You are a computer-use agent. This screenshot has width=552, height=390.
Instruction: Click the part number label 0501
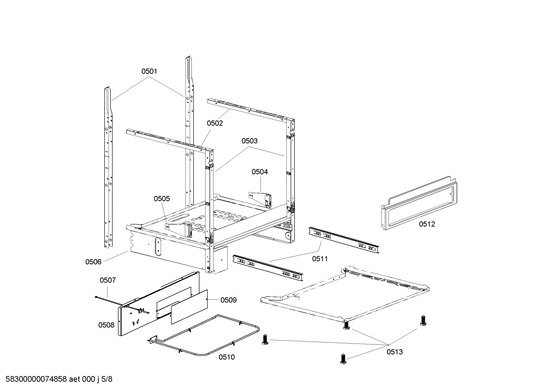[149, 71]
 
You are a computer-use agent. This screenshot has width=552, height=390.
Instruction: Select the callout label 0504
[260, 172]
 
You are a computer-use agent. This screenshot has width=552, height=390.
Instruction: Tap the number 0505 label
[162, 199]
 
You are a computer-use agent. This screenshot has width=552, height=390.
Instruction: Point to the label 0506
[93, 262]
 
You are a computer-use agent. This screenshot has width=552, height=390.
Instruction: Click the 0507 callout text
[108, 280]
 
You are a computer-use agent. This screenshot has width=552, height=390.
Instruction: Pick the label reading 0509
[229, 300]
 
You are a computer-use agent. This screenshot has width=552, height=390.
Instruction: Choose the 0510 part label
[227, 357]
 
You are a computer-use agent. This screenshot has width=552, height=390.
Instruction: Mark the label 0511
[320, 259]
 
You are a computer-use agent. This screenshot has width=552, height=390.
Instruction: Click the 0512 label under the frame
[427, 224]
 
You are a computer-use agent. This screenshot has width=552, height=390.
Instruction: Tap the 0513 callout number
[395, 352]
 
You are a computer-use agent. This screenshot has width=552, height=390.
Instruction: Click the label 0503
[250, 141]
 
